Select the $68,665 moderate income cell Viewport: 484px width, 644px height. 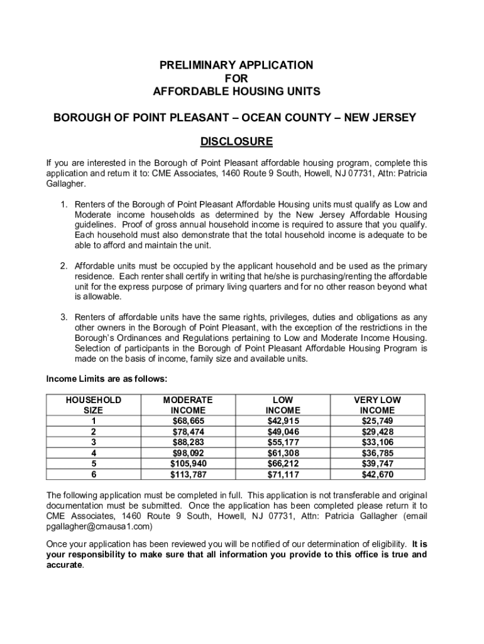point(188,421)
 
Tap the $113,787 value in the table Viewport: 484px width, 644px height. point(188,475)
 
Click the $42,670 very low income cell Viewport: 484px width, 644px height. point(377,475)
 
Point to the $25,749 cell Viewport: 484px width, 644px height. point(377,421)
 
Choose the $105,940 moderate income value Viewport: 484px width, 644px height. point(188,464)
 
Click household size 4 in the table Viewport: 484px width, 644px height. point(94,453)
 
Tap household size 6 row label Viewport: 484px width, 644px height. point(94,475)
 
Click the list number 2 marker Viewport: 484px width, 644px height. point(64,265)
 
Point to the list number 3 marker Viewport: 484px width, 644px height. point(64,317)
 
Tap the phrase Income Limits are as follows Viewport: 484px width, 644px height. point(107,379)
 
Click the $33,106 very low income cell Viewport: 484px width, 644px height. point(377,442)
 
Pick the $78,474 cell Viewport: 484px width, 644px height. point(188,431)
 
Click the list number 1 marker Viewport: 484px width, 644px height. point(64,204)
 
